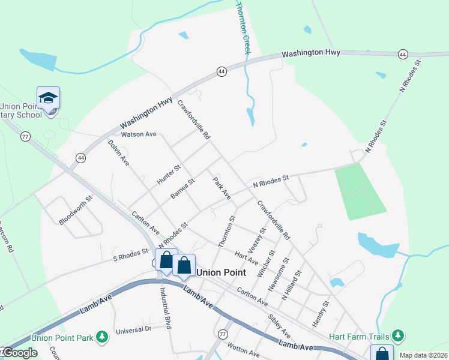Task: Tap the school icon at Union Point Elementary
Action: (48, 98)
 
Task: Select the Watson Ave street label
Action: (138, 134)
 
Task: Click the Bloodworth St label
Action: (76, 210)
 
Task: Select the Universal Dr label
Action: (133, 329)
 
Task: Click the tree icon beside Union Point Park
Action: (103, 338)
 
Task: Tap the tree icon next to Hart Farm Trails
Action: (396, 335)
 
